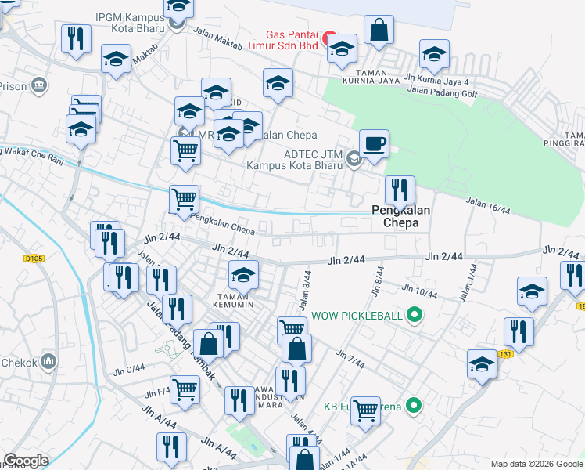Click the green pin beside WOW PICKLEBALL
pos(415,316)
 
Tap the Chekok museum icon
pos(48,361)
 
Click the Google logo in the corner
pos(27,461)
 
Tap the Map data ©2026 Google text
pos(536,464)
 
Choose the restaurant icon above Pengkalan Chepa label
pos(399,188)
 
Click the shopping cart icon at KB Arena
pos(365,410)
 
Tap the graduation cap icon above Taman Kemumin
pos(243,274)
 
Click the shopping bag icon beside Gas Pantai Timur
pos(379,30)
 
